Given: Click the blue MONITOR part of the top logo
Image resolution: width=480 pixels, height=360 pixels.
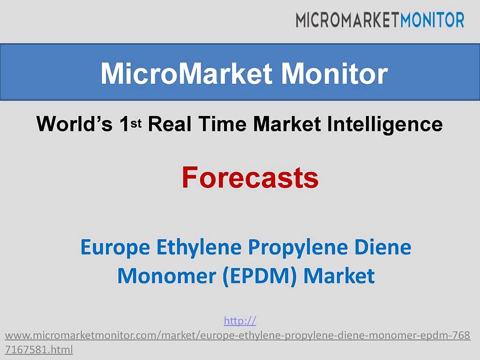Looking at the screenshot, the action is pyautogui.click(x=432, y=20).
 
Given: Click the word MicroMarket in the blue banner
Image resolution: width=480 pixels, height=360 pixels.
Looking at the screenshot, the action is pyautogui.click(x=186, y=74).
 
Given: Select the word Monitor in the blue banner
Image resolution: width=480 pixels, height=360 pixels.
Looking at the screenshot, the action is pyautogui.click(x=334, y=74).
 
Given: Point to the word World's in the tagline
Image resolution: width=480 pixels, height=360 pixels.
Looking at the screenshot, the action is pyautogui.click(x=74, y=124).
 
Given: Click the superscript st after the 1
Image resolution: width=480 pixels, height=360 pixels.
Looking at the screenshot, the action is pyautogui.click(x=136, y=123).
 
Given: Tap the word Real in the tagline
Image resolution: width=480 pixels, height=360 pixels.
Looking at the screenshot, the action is pyautogui.click(x=170, y=124).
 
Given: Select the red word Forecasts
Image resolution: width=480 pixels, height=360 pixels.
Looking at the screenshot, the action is pyautogui.click(x=250, y=177).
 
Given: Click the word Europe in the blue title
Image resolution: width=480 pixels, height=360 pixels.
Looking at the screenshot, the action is pyautogui.click(x=115, y=247).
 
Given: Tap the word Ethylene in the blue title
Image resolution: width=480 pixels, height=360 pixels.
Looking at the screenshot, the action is pyautogui.click(x=199, y=247).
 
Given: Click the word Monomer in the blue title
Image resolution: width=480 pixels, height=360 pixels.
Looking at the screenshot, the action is pyautogui.click(x=166, y=276).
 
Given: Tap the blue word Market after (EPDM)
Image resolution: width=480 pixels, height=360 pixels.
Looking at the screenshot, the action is pyautogui.click(x=339, y=275).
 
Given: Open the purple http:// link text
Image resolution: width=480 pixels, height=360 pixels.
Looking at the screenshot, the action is pyautogui.click(x=240, y=321).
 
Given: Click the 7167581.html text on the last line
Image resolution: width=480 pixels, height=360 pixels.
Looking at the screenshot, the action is pyautogui.click(x=39, y=349).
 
